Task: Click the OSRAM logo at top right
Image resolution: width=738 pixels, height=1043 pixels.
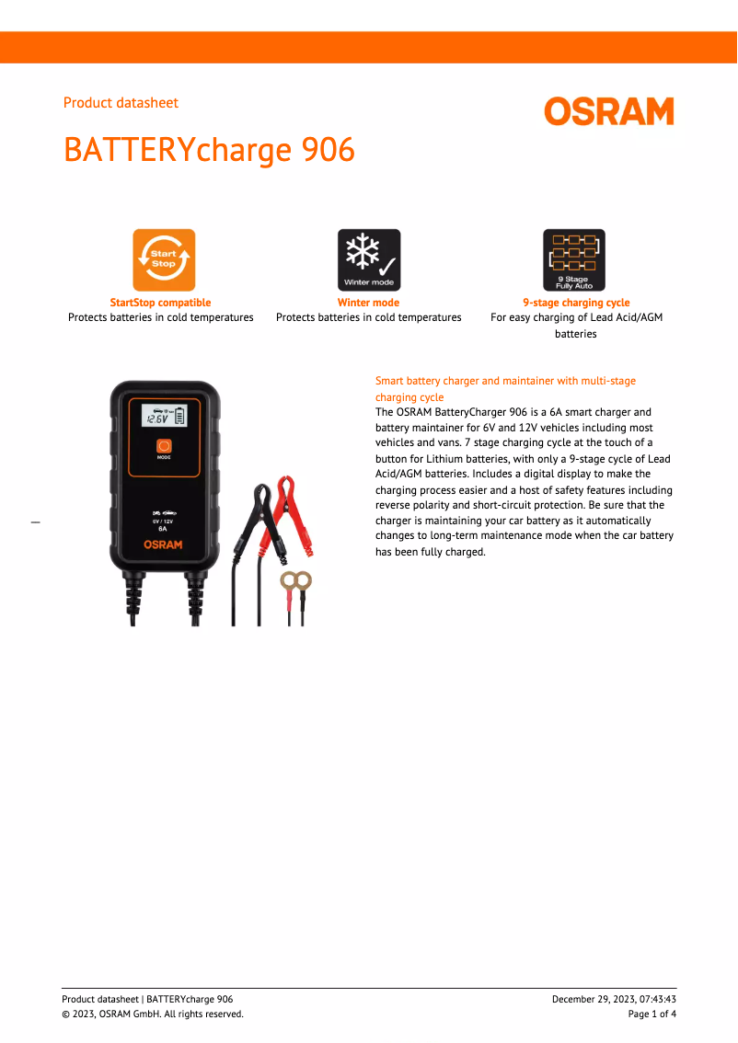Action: click(608, 111)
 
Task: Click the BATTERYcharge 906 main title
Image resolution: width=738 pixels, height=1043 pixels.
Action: click(209, 150)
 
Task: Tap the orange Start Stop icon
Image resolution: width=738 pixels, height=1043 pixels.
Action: click(164, 259)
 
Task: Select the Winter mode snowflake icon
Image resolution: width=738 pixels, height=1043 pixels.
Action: click(369, 259)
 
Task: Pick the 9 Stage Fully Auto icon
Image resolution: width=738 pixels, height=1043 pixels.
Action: click(574, 259)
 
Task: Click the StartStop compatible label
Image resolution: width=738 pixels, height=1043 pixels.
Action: click(160, 303)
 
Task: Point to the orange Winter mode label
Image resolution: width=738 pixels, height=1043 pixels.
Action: click(368, 303)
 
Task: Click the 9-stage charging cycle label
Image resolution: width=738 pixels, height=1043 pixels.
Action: click(576, 303)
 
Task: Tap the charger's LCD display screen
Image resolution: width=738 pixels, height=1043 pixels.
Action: click(164, 416)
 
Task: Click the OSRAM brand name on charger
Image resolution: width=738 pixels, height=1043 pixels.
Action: click(163, 544)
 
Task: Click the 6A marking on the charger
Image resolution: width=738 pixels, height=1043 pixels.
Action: click(163, 529)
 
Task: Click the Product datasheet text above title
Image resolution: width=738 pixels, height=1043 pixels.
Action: click(121, 103)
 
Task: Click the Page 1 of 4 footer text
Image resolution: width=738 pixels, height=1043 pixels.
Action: click(652, 1014)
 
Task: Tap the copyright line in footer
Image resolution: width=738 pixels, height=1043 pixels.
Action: click(153, 1014)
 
